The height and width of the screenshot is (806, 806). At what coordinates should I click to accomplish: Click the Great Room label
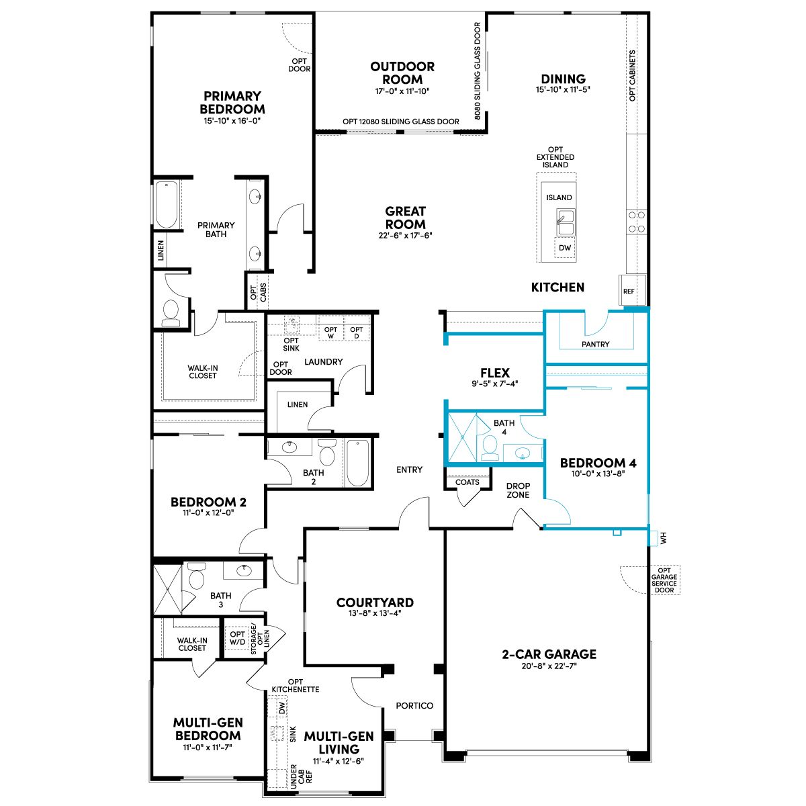click(x=405, y=218)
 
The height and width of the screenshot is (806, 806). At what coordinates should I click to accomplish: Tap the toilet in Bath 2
click(x=326, y=452)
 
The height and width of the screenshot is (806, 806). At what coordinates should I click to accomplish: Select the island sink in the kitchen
click(x=566, y=222)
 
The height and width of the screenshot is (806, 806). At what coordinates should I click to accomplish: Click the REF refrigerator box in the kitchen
click(x=632, y=290)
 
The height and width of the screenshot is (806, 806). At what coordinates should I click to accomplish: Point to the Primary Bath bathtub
click(x=167, y=205)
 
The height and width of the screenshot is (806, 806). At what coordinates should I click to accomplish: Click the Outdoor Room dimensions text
click(x=402, y=91)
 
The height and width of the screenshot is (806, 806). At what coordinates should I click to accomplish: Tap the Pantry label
click(x=595, y=344)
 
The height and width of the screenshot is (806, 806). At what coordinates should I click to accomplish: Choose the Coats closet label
click(x=467, y=482)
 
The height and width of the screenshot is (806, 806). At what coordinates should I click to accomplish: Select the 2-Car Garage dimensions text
click(x=549, y=666)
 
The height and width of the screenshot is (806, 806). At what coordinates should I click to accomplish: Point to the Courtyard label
click(x=375, y=602)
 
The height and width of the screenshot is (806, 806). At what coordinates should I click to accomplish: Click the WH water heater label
click(x=664, y=538)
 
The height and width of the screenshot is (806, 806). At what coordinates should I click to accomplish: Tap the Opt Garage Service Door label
click(x=664, y=580)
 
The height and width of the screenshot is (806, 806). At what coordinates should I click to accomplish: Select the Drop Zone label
click(x=518, y=490)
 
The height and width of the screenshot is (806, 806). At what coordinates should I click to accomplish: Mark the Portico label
click(x=414, y=706)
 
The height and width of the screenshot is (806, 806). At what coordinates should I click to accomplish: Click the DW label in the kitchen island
click(x=565, y=248)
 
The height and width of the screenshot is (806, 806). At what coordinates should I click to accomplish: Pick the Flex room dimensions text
click(x=495, y=383)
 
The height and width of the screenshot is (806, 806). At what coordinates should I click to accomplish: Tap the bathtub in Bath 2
click(x=357, y=463)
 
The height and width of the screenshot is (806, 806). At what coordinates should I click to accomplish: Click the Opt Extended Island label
click(x=555, y=157)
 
